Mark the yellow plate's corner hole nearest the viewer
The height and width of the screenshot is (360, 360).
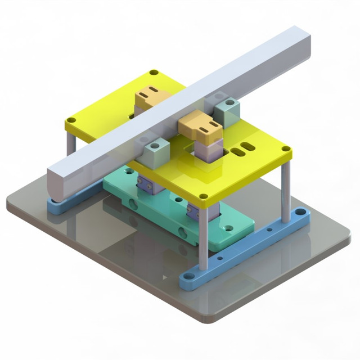(x=204, y=197)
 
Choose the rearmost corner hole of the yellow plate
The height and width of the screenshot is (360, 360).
(x=154, y=73)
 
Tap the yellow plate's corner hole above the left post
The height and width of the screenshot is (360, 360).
(x=71, y=120)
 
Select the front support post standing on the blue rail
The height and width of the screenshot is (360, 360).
(x=203, y=236)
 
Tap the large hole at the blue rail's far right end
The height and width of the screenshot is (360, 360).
(x=300, y=213)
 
